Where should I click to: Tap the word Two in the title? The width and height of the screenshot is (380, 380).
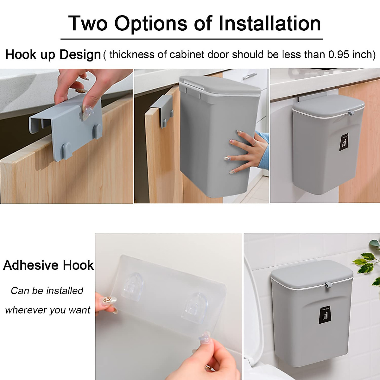click(88, 23)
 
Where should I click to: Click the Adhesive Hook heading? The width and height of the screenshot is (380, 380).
click(48, 265)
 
